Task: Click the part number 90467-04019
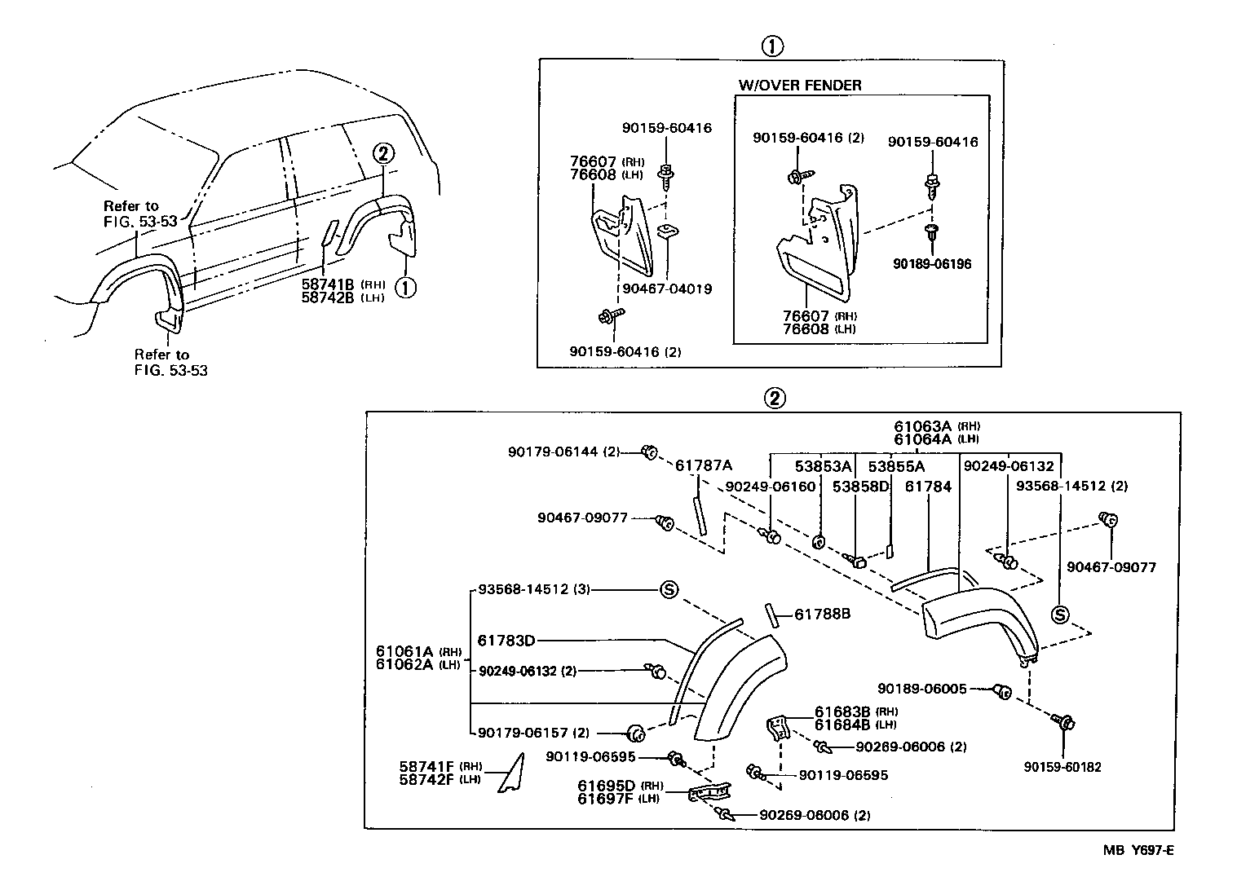(x=667, y=289)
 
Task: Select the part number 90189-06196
(x=931, y=264)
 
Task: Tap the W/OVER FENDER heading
(x=800, y=85)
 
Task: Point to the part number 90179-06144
(x=553, y=451)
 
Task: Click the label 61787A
(x=704, y=465)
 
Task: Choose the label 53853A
(x=824, y=466)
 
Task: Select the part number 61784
(x=928, y=486)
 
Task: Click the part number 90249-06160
(x=771, y=486)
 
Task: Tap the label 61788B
(x=823, y=614)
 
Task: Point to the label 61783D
(x=506, y=641)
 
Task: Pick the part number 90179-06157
(x=523, y=733)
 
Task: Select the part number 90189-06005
(x=922, y=689)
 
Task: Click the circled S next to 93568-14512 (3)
(x=668, y=589)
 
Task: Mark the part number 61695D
(x=607, y=786)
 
